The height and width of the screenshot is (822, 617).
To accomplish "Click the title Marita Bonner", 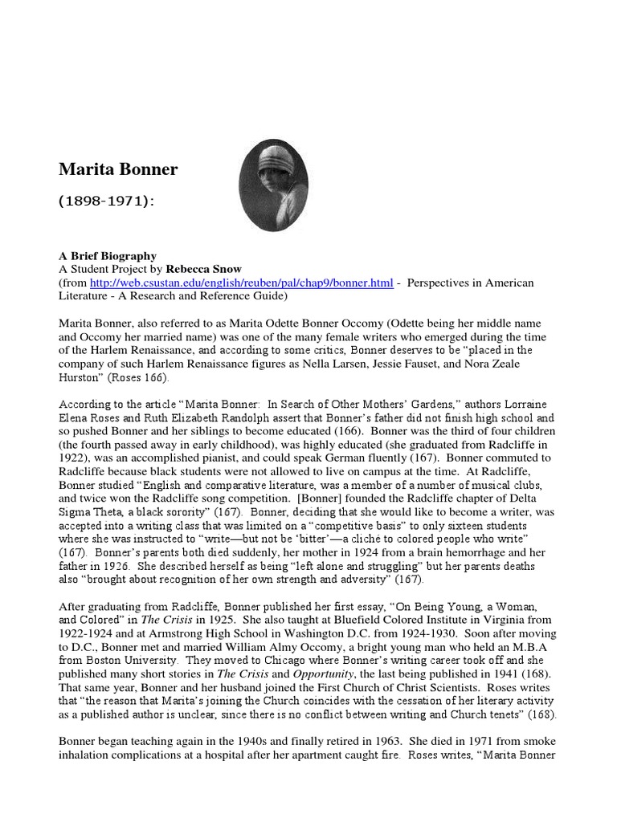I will point(118,170).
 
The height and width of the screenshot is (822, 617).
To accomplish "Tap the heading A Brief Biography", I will point(108,256).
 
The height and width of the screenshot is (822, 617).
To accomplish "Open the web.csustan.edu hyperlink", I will point(241,283).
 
